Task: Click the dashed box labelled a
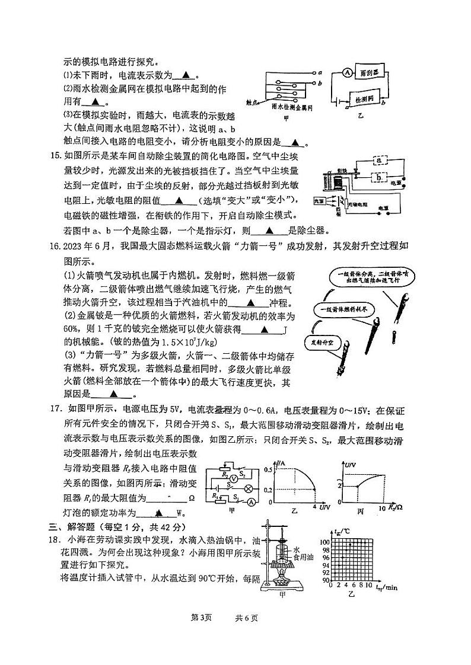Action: [377, 160]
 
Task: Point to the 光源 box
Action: [319, 201]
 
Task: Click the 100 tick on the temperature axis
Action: [324, 542]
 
